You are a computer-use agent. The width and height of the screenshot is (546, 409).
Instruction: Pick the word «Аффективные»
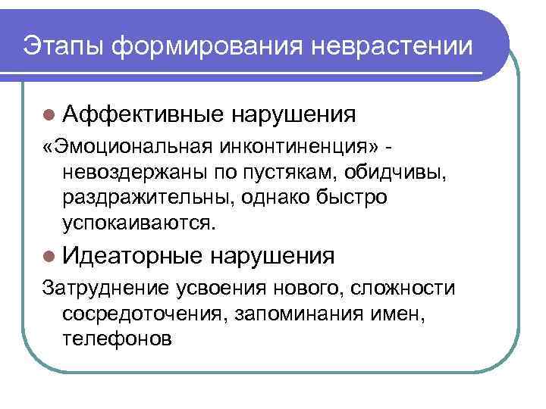click(x=143, y=114)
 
